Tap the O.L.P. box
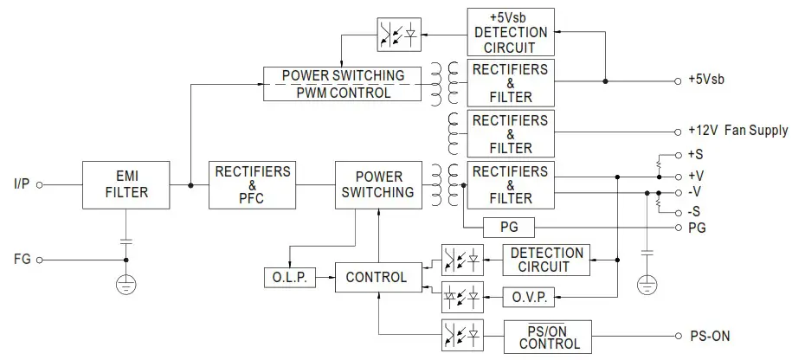289,278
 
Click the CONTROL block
376,278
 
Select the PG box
510,228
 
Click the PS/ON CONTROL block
549,335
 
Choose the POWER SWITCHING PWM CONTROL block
344,84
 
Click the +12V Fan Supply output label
737,132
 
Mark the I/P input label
22,184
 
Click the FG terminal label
23,259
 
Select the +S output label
694,156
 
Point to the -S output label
694,212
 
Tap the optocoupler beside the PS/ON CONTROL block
460,334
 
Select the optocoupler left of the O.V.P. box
460,294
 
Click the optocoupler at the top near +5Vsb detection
397,35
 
